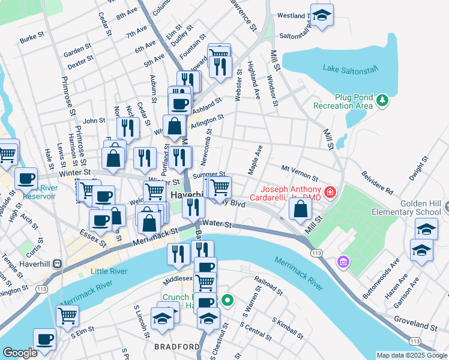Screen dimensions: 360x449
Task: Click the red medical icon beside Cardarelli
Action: coord(329,193)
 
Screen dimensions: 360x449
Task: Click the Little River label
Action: coord(109,271)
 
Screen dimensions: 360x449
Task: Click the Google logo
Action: coord(19,353)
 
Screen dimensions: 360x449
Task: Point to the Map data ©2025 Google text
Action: coord(411,355)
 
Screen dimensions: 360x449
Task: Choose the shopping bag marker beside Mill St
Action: coord(300,209)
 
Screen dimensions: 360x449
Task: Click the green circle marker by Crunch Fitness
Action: coord(227,301)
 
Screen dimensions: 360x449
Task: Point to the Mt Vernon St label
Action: coord(300,173)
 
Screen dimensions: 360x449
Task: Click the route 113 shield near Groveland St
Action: coord(414,341)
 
